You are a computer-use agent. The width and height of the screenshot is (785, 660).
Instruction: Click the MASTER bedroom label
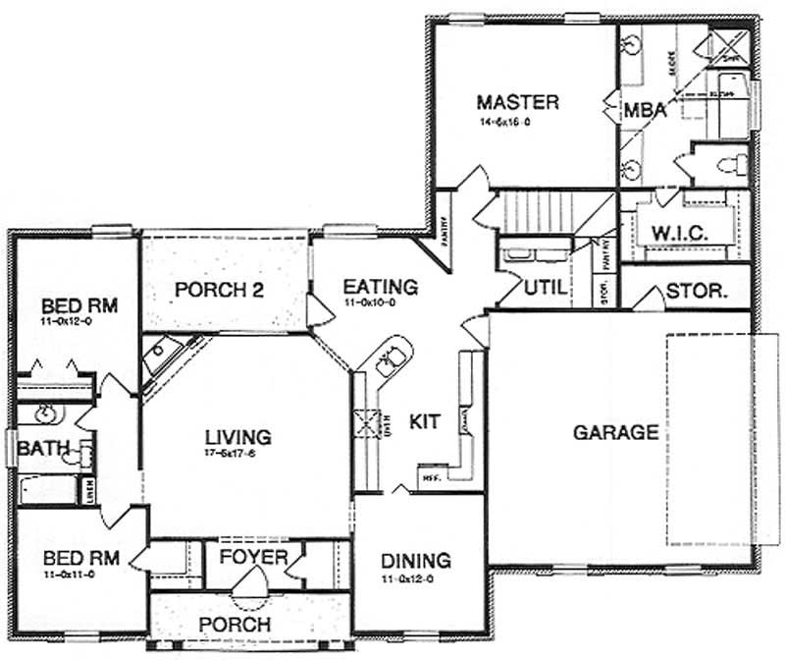517,102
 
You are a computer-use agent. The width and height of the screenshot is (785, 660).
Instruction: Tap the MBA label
645,111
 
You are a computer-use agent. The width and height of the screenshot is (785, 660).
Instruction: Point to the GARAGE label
615,431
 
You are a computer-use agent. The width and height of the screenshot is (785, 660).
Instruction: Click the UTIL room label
543,288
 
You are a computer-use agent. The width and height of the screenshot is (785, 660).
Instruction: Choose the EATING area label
380,287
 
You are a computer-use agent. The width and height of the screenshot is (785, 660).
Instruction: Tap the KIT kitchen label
425,421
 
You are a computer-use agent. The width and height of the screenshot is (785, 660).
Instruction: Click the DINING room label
417,561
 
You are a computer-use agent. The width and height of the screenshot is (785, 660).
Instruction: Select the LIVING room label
237,436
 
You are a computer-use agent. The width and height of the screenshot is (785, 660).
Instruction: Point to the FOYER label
252,558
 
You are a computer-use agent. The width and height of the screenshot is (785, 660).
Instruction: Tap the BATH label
42,449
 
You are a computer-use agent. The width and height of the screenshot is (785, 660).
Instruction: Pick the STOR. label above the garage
696,292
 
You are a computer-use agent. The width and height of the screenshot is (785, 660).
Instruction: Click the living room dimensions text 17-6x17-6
237,453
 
